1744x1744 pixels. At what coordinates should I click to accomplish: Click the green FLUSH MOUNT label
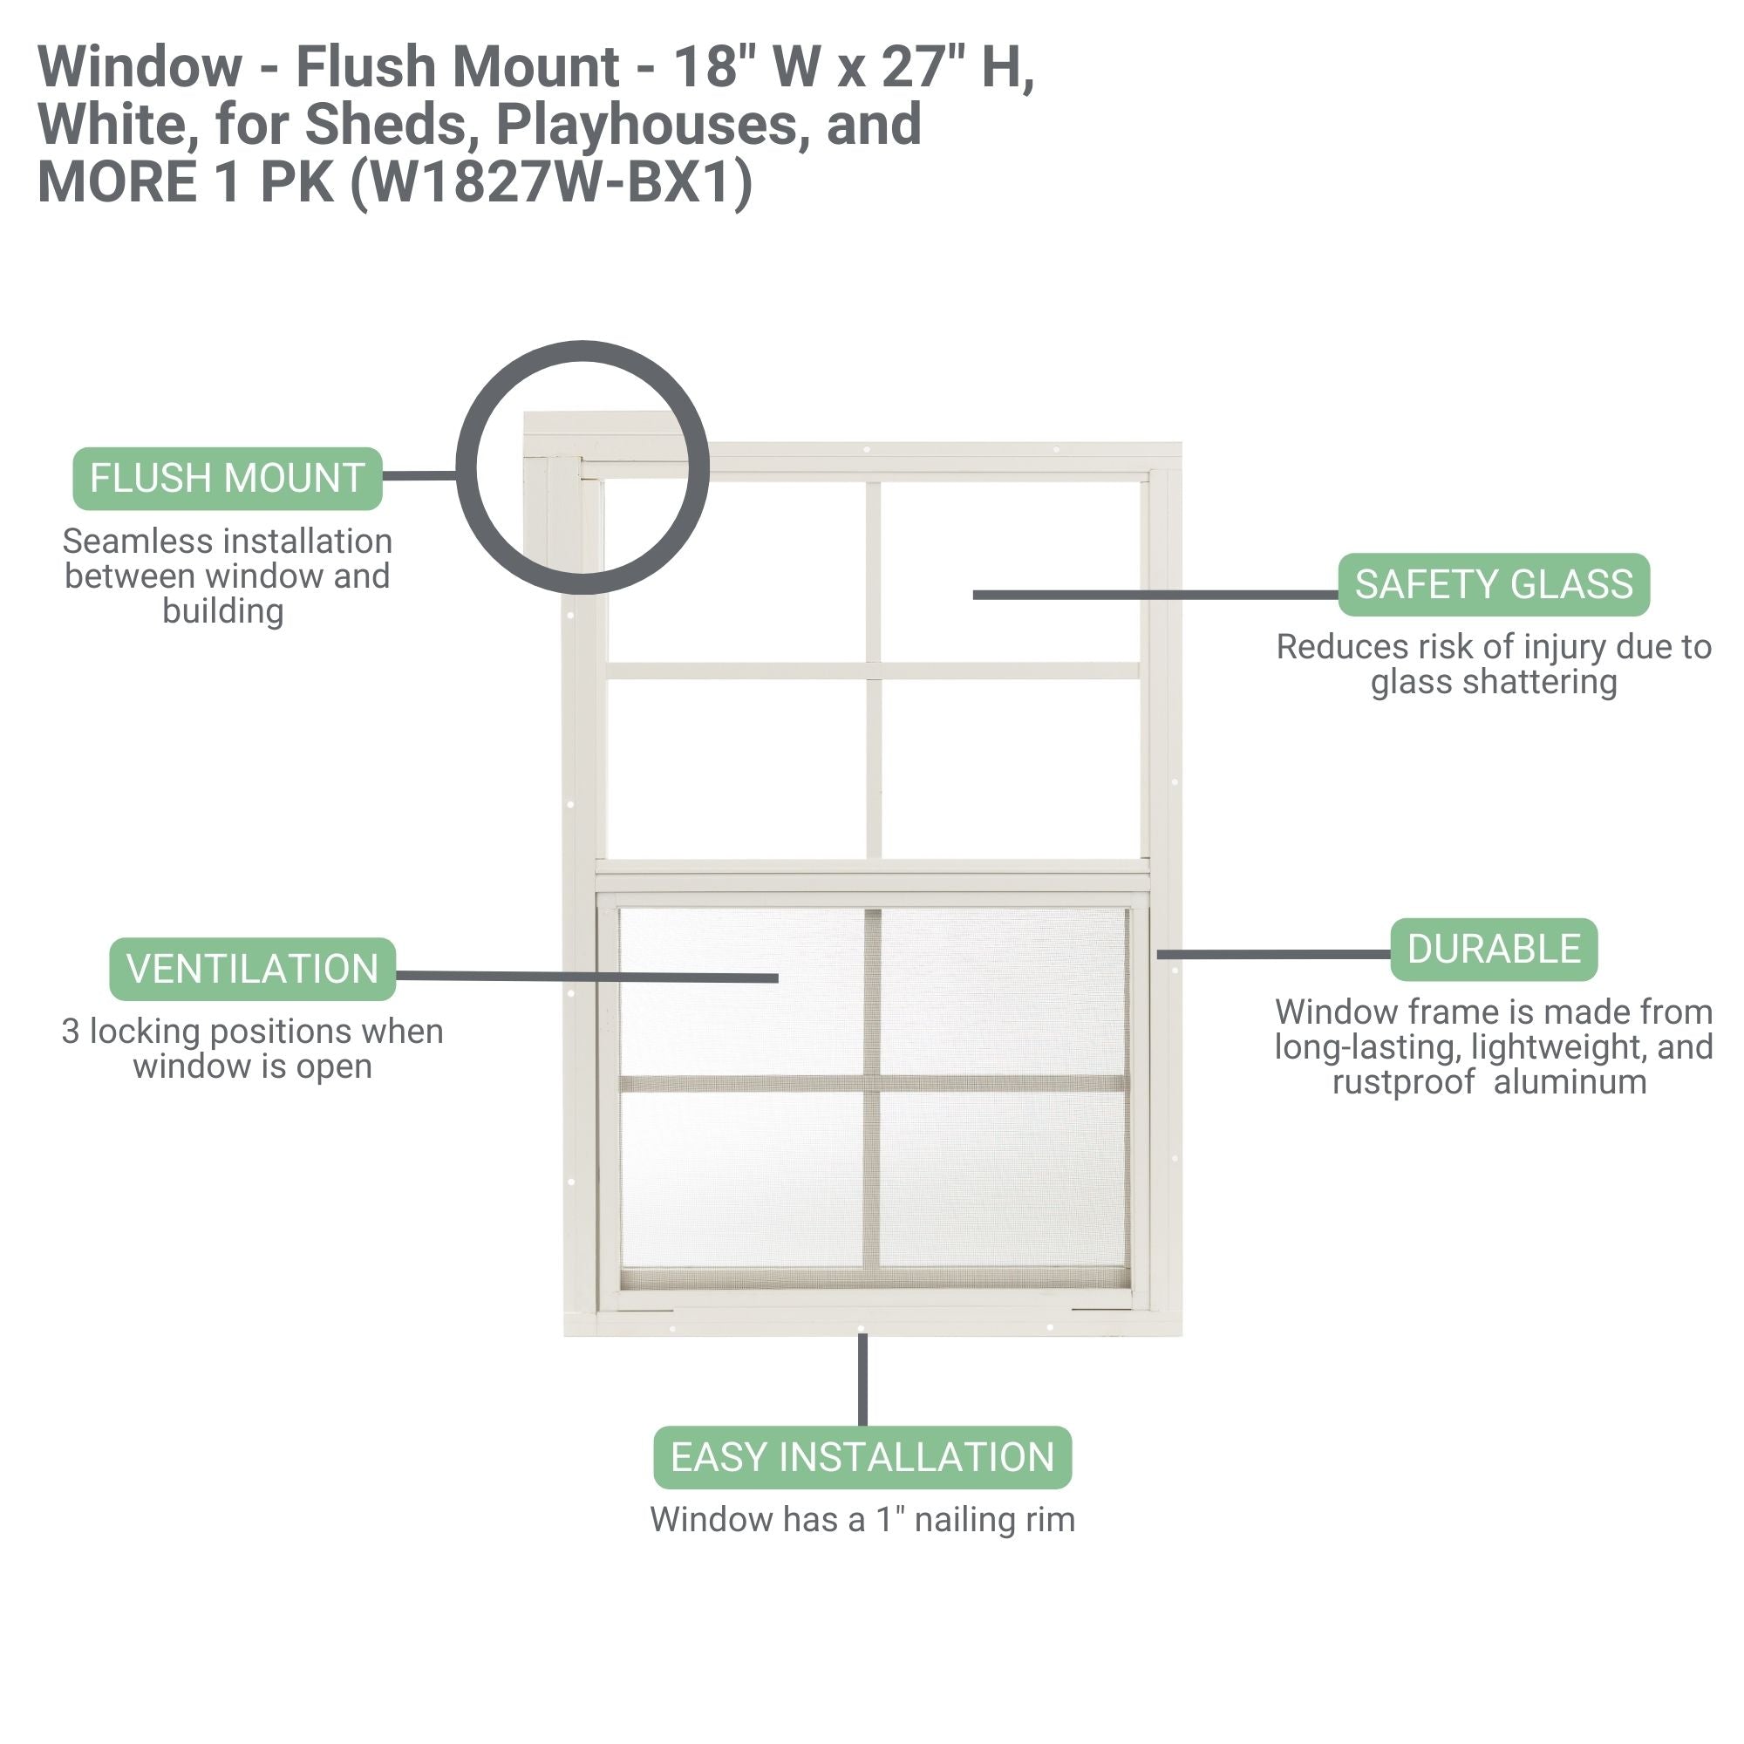[x=227, y=479]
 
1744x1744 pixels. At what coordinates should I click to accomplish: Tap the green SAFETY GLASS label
[x=1493, y=585]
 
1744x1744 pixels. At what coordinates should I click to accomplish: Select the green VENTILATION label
[x=252, y=970]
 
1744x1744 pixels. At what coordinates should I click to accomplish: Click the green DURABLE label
[x=1493, y=950]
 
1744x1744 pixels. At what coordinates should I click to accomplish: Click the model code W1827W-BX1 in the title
[x=549, y=182]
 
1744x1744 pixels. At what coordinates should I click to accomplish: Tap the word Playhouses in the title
[x=646, y=125]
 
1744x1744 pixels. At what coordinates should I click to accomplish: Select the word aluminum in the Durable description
[x=1570, y=1081]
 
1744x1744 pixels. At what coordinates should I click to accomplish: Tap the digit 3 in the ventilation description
[x=71, y=1032]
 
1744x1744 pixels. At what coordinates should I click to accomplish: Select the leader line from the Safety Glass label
[x=1155, y=595]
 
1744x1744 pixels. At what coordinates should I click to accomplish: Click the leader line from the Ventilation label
[x=587, y=977]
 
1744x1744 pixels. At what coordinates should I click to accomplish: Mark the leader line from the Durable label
[x=1273, y=954]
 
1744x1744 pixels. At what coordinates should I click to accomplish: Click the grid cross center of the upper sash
[x=873, y=671]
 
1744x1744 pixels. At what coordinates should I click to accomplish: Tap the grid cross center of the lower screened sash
[x=872, y=1083]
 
